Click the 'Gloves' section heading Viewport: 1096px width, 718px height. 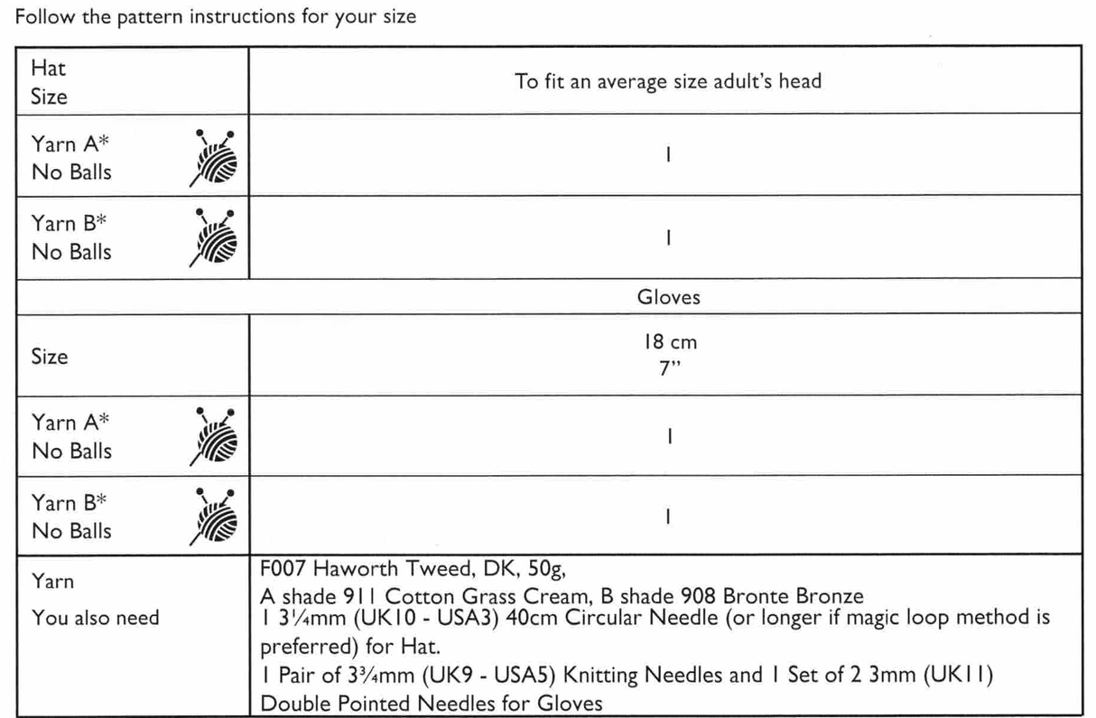point(668,296)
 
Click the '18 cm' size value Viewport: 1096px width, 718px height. point(667,343)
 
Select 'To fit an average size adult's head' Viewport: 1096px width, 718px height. point(667,81)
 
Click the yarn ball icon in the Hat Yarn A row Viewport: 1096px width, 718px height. point(215,158)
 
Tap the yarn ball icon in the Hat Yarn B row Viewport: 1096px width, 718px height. point(215,238)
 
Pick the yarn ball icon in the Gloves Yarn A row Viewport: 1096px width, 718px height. point(215,437)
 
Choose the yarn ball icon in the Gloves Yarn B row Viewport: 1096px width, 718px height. point(215,518)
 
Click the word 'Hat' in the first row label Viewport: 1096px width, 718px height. point(48,68)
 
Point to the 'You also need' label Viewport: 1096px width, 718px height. point(95,618)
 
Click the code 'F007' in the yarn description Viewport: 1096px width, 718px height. point(283,571)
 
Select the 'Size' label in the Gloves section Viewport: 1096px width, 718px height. point(49,356)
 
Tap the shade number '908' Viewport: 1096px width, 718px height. point(696,596)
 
